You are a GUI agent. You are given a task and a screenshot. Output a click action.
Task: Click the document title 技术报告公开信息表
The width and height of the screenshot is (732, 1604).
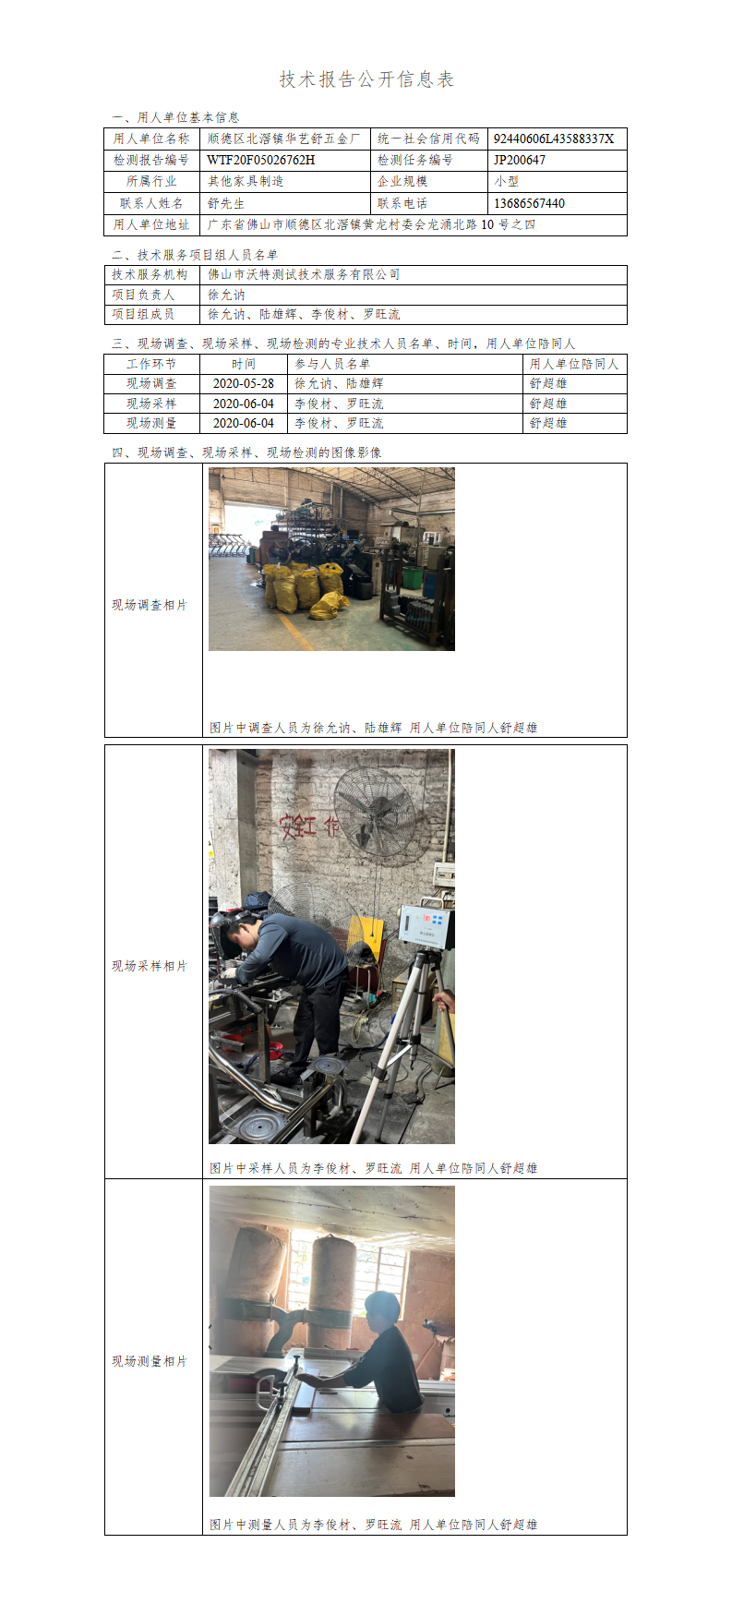tap(366, 79)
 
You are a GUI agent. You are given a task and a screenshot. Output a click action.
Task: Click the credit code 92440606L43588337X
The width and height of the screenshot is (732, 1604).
tap(553, 139)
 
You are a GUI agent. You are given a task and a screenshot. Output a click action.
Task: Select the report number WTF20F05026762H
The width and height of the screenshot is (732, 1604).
tap(261, 160)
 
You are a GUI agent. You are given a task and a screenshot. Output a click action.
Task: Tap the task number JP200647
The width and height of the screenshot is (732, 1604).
tap(519, 160)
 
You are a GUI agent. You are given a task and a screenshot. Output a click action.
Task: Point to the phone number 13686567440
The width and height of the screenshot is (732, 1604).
tap(529, 203)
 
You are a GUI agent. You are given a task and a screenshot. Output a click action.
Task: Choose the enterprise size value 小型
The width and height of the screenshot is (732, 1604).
tap(507, 181)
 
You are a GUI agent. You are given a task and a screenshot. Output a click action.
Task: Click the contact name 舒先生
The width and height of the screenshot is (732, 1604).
tap(226, 203)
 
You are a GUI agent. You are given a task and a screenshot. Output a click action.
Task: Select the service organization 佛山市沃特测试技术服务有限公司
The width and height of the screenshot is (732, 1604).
tap(304, 274)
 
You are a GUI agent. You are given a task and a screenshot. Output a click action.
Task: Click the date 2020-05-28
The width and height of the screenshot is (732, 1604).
tap(244, 383)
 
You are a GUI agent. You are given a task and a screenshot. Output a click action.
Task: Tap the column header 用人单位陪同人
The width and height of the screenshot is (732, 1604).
tap(574, 364)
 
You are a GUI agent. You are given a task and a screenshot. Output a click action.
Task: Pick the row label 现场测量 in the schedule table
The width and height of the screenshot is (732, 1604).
tap(151, 423)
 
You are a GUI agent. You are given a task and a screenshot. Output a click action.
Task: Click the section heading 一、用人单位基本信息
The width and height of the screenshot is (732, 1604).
tap(175, 117)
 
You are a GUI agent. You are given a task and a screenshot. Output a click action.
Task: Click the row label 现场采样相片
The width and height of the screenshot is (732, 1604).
tap(150, 966)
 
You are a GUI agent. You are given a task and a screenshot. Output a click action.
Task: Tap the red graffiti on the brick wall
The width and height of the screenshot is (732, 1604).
tap(309, 824)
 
